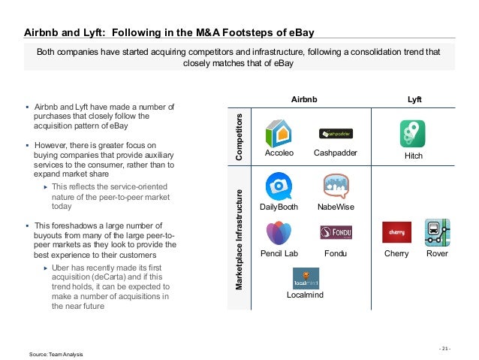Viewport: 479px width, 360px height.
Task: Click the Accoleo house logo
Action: tap(279, 132)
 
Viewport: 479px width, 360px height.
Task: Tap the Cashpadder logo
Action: tap(336, 134)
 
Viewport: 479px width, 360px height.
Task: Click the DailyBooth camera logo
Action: tap(279, 186)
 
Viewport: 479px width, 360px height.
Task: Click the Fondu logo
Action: tap(336, 231)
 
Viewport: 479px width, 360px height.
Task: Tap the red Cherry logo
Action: tap(396, 232)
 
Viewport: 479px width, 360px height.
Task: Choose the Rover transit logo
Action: tap(436, 232)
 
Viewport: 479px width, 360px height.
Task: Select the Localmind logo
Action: tap(306, 279)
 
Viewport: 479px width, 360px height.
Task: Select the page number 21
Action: tap(446, 348)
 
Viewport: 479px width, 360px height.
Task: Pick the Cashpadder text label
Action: tap(335, 153)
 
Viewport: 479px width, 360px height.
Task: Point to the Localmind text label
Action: tap(306, 296)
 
